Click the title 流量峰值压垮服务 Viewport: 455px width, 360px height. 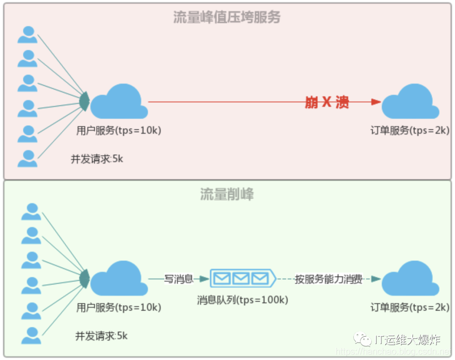(x=227, y=17)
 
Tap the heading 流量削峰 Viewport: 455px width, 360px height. (x=227, y=195)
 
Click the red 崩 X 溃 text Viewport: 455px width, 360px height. (x=327, y=102)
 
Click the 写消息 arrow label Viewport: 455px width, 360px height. (x=178, y=279)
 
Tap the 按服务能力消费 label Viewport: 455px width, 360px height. (x=329, y=279)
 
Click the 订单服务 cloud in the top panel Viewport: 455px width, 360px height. (x=410, y=102)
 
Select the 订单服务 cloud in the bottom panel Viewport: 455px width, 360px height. (x=410, y=279)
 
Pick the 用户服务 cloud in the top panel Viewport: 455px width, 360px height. (x=119, y=102)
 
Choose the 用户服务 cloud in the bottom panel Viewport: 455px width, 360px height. (x=119, y=279)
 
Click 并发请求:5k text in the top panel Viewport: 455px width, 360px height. (x=97, y=159)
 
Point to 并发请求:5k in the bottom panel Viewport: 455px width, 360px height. (x=101, y=336)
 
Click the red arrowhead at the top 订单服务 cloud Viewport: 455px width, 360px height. (x=376, y=102)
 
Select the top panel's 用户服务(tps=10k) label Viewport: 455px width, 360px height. (x=119, y=131)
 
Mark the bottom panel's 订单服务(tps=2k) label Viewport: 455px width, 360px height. (x=410, y=307)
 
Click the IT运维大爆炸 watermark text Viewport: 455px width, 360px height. (x=407, y=340)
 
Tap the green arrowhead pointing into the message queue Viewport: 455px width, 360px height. (x=205, y=279)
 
